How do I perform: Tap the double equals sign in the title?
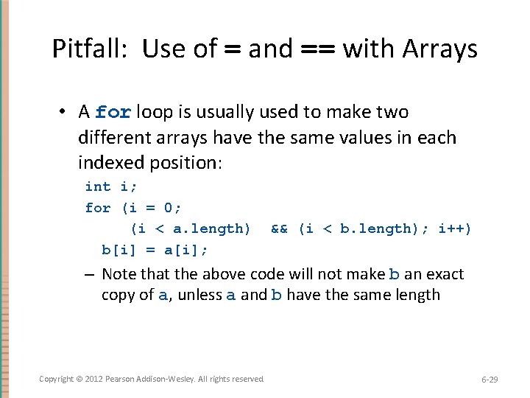(x=318, y=49)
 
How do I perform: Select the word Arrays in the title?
(x=439, y=49)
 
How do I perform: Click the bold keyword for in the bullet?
(x=113, y=113)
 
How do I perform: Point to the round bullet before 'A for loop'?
(x=65, y=112)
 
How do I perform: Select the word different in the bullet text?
(x=110, y=138)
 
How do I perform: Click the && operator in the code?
(x=279, y=228)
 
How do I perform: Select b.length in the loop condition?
(x=368, y=228)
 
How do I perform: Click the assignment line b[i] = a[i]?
(x=155, y=249)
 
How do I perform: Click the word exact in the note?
(x=444, y=274)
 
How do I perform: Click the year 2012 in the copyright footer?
(x=94, y=379)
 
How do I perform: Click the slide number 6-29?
(x=490, y=379)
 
